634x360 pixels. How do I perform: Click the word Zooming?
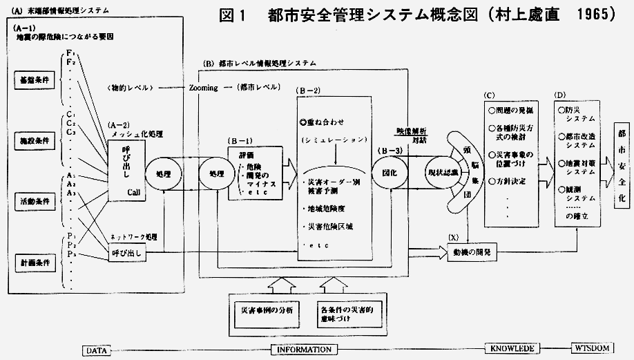[x=203, y=88]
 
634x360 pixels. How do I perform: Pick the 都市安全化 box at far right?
[x=621, y=168]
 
